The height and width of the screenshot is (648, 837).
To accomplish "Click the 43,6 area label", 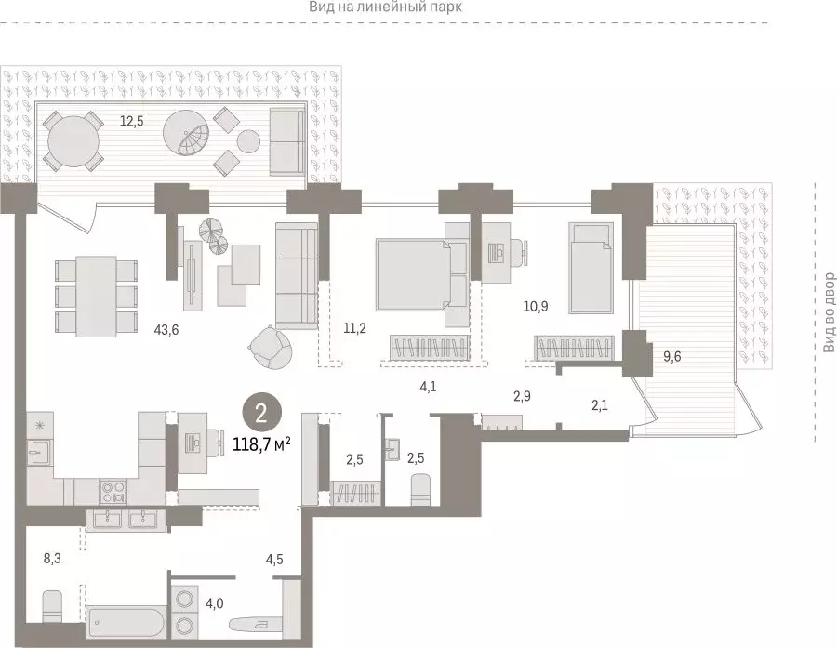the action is [166, 330].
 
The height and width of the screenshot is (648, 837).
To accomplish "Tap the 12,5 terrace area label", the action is [131, 121].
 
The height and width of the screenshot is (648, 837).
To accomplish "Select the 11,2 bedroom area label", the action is [354, 328].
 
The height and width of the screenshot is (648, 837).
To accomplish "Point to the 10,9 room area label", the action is [536, 307].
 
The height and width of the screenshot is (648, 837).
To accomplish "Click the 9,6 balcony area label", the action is [672, 356].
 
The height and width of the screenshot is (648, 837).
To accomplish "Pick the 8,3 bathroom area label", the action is [52, 559].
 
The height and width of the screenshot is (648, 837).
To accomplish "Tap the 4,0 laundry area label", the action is [215, 603].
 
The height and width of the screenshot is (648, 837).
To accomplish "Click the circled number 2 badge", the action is [261, 414].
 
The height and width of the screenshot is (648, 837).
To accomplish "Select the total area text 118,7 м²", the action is [261, 443].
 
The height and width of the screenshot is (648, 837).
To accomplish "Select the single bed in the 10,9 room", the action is [591, 268].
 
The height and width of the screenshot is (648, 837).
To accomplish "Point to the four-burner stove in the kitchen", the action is [113, 492].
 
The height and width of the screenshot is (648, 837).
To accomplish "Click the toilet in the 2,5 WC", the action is [421, 489].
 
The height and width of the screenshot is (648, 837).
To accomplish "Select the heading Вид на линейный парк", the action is [385, 7].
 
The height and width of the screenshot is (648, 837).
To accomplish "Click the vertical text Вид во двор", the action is [829, 312].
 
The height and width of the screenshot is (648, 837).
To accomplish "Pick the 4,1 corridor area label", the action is [428, 387].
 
